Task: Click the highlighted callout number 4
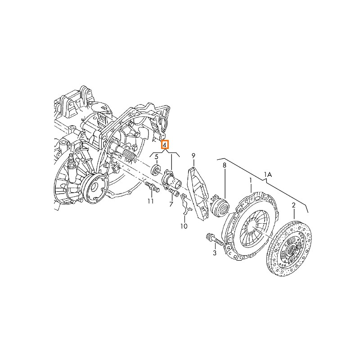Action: [165, 144]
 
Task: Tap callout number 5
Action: [156, 157]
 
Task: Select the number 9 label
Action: [193, 156]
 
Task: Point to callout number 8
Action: [224, 165]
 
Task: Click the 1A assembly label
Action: [267, 175]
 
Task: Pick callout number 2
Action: [293, 205]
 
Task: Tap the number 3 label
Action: [215, 253]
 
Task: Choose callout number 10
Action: [184, 226]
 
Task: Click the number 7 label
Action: [171, 204]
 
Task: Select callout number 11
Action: [150, 201]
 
